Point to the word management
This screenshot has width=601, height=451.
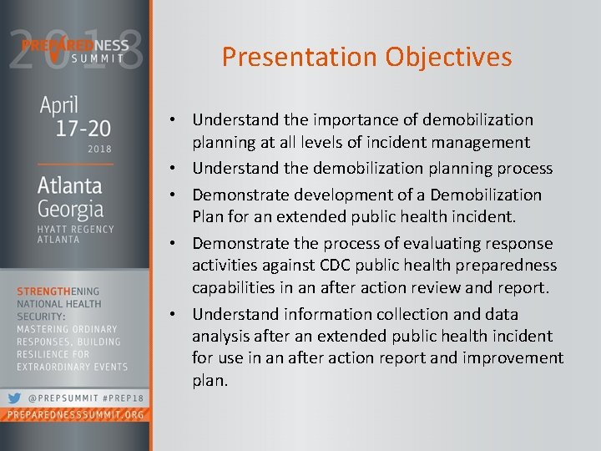coord(482,144)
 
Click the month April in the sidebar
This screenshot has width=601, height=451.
coord(59,106)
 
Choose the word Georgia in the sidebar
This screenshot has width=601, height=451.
coord(70,208)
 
